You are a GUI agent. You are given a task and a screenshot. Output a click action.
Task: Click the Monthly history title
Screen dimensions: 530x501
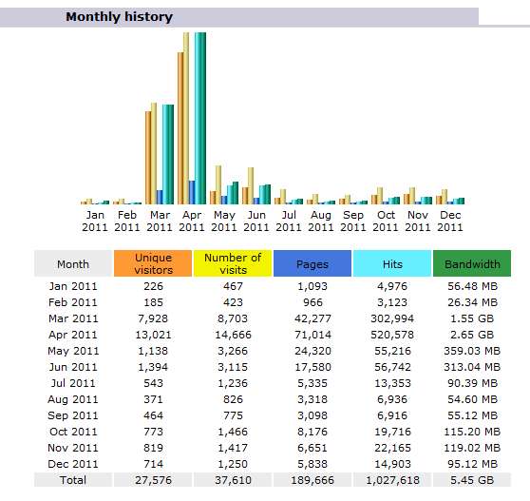120,16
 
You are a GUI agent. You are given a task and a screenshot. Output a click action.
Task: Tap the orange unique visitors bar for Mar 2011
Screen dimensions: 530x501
148,158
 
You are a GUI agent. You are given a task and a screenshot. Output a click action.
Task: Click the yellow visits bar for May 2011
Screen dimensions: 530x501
218,185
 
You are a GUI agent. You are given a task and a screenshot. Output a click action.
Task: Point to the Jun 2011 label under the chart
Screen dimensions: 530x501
256,221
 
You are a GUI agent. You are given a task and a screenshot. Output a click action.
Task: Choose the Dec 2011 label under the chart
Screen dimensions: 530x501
450,221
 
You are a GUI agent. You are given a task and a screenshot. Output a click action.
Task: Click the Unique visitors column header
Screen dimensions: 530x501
153,263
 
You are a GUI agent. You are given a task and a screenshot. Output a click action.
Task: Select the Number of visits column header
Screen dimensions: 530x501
233,263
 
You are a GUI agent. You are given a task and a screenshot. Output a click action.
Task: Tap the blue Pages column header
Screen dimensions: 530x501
312,263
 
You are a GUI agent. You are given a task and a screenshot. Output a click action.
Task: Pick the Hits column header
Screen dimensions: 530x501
392,263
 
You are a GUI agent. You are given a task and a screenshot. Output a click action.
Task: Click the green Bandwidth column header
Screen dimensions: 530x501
472,263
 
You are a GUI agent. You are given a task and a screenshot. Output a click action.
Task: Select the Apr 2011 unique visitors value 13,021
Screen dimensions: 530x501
154,335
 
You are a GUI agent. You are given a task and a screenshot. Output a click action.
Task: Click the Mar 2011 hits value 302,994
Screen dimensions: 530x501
392,318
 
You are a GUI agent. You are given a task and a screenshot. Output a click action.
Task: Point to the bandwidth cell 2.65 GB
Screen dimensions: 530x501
472,335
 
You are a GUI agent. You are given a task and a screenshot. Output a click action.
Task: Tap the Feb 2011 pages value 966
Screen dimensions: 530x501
312,302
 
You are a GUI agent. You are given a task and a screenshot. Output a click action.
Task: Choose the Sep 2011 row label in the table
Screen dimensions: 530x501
73,415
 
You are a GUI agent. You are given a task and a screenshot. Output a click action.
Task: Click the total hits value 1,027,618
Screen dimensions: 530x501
392,480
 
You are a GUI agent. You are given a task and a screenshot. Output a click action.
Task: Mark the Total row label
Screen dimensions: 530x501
73,480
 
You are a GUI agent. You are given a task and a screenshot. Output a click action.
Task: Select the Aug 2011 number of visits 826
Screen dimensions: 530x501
233,399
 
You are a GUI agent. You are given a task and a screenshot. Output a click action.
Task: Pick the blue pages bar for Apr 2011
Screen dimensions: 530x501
192,192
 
